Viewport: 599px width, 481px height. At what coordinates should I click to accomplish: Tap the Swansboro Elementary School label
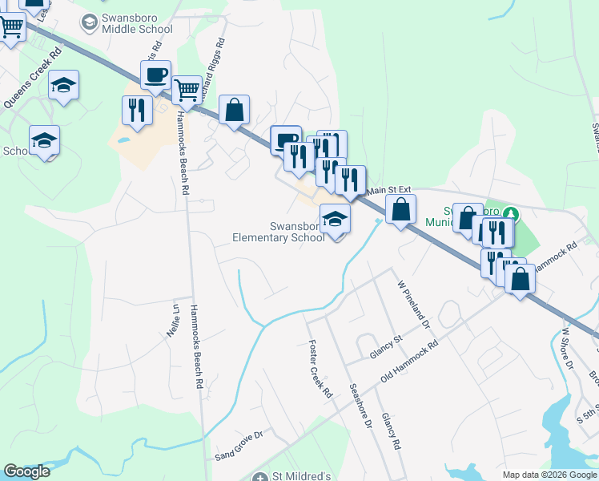(x=278, y=232)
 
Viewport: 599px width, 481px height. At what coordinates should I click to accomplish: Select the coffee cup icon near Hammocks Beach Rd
(x=155, y=76)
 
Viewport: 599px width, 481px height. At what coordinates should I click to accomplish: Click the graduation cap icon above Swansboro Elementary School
(x=335, y=218)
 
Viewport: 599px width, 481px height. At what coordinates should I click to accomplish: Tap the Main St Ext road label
(x=388, y=191)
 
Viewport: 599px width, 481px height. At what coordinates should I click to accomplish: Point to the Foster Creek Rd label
(x=320, y=369)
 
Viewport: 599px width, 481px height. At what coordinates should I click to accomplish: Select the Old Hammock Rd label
(x=410, y=361)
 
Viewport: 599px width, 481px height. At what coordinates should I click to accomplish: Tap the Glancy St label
(x=384, y=349)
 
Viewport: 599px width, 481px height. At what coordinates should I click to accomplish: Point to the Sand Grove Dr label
(x=239, y=447)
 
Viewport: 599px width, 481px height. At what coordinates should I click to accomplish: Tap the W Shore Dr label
(x=568, y=346)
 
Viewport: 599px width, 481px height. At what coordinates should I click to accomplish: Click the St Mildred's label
(x=299, y=476)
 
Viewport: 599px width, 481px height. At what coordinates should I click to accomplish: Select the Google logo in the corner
(x=26, y=471)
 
